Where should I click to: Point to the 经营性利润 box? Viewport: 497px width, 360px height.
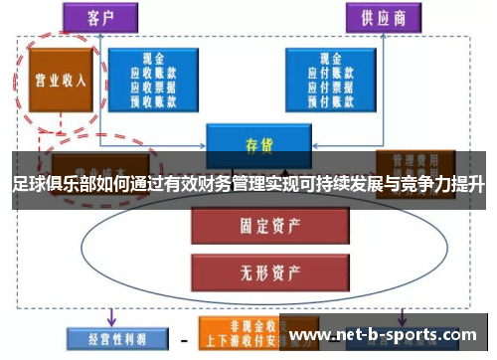106,337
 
